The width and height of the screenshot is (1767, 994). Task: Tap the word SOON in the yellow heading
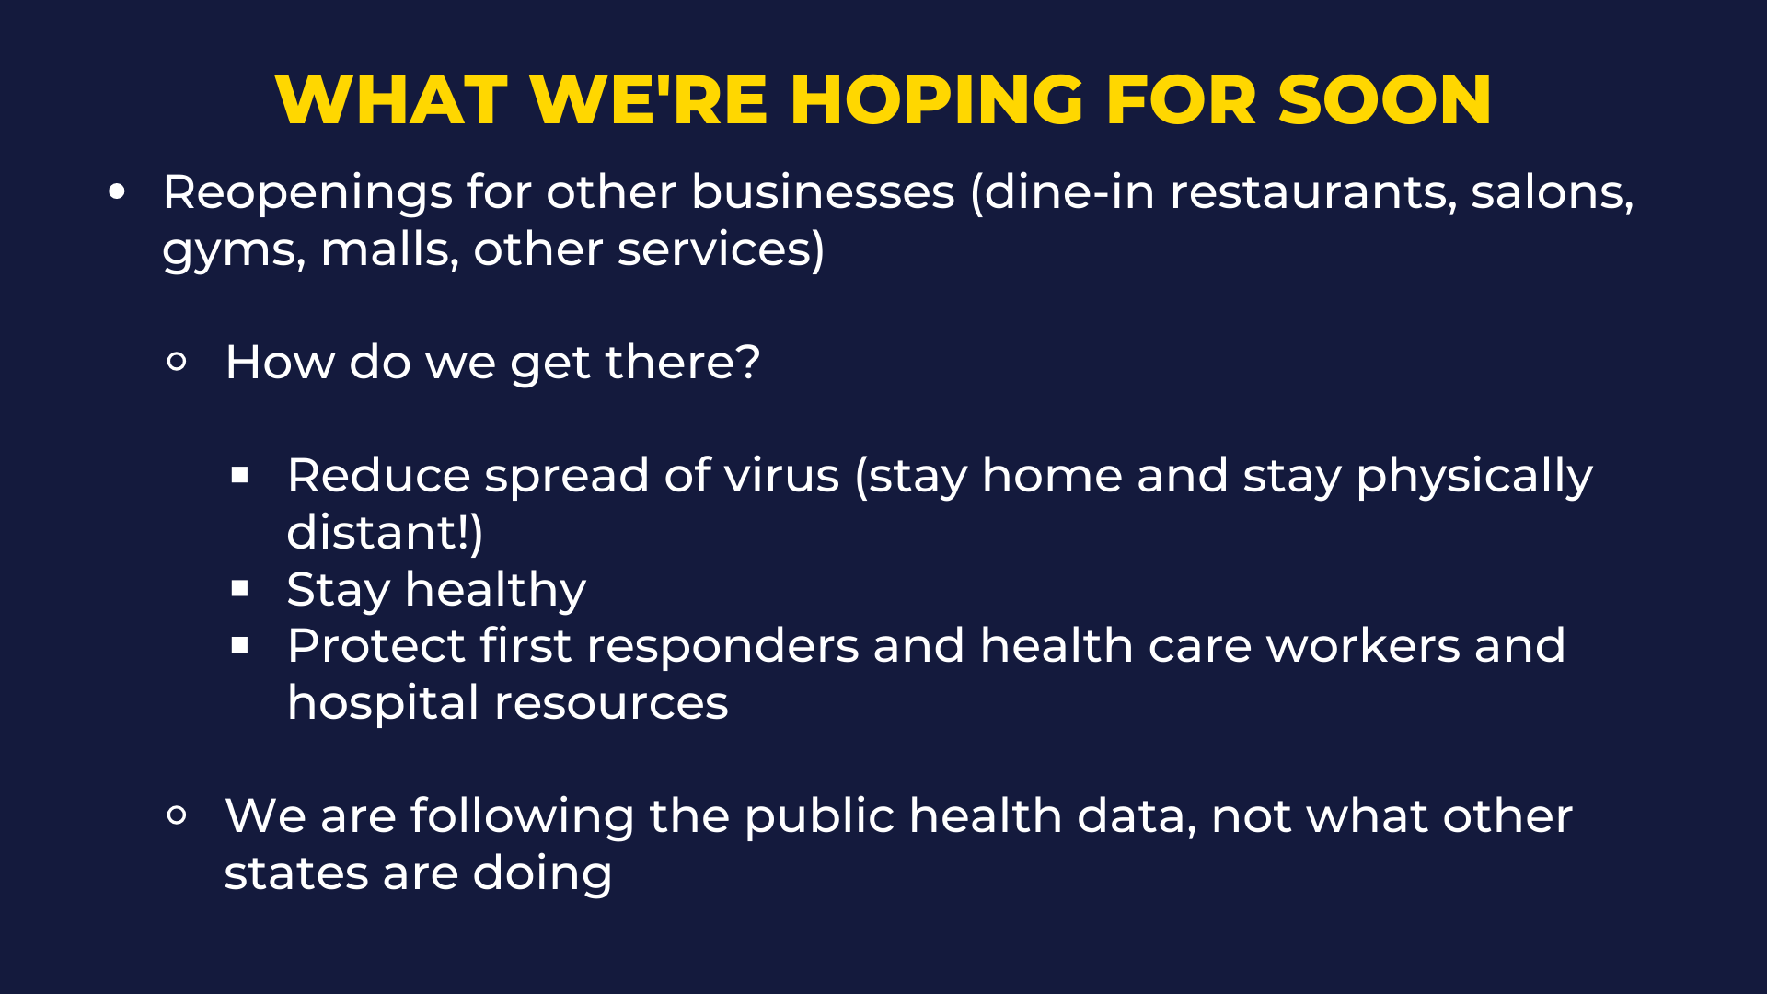1385,99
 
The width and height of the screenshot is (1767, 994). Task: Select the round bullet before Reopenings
117,192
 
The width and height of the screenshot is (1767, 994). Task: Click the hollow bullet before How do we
178,362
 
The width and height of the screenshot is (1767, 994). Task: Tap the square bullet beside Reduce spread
240,475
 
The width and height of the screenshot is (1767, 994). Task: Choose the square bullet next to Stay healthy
240,588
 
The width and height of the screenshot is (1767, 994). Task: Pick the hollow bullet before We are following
178,815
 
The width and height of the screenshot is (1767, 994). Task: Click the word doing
542,874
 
